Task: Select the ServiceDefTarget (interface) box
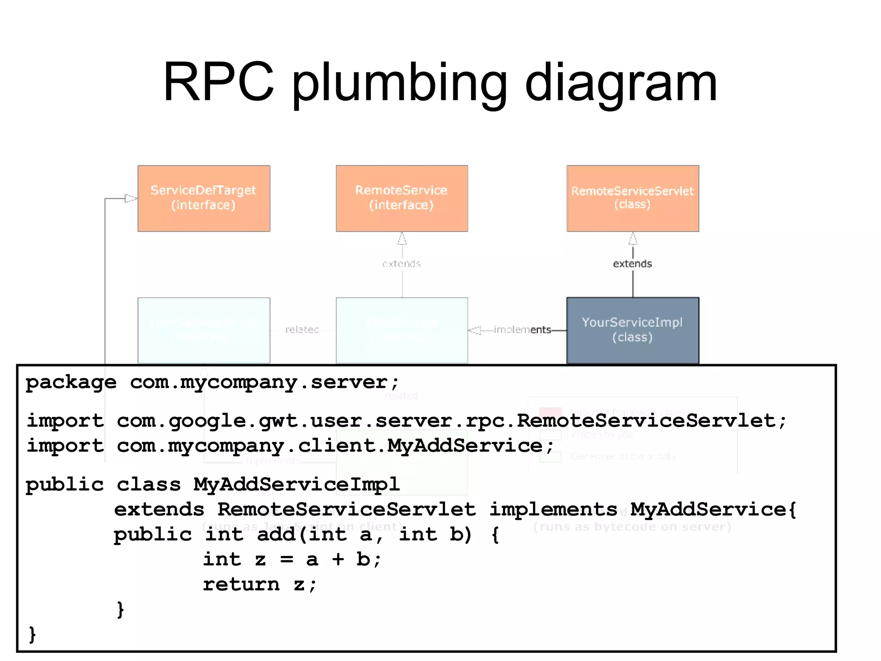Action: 204,198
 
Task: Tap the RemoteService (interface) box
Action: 402,198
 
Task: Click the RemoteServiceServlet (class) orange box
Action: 632,198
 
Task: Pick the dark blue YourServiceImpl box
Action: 632,330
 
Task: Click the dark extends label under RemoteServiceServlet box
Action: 632,264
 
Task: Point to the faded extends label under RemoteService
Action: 401,264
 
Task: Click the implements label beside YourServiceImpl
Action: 522,330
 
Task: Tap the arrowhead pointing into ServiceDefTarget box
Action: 131,198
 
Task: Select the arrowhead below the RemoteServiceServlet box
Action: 633,238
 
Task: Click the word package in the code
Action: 71,382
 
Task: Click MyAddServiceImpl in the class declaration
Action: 296,485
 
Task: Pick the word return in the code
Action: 241,584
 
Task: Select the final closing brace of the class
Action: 32,634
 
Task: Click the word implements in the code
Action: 553,510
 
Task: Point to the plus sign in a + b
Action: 338,559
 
